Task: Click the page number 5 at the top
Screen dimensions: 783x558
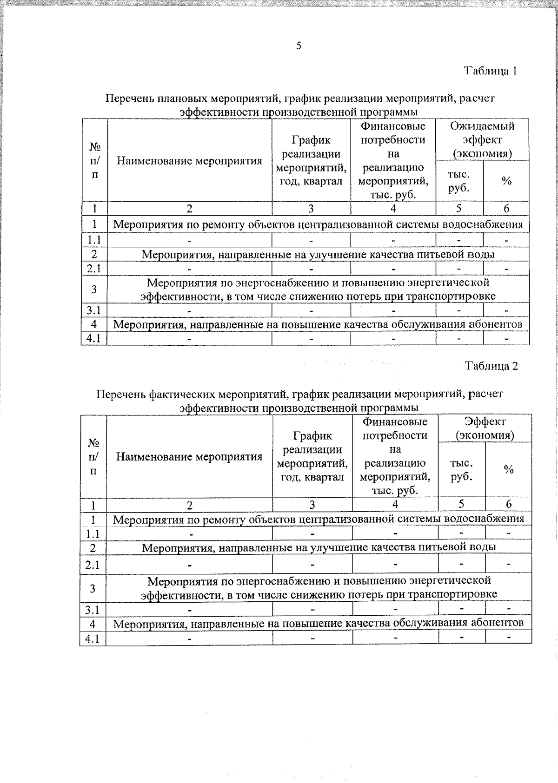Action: pyautogui.click(x=299, y=46)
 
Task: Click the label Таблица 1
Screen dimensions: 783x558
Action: pyautogui.click(x=491, y=71)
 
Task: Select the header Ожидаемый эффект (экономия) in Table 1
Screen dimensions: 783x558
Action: pyautogui.click(x=482, y=139)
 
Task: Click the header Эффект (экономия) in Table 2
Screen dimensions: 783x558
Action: pyautogui.click(x=485, y=428)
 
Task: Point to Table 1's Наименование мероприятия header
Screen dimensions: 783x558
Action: pyautogui.click(x=190, y=161)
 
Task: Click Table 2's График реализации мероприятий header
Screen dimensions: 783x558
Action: pyautogui.click(x=312, y=456)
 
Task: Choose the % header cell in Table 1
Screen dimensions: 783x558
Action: pyautogui.click(x=506, y=181)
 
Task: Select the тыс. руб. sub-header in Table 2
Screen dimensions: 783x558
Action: pyautogui.click(x=461, y=470)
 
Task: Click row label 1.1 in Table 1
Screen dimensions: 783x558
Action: pyautogui.click(x=94, y=240)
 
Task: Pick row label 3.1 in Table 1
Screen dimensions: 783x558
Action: pyautogui.click(x=94, y=310)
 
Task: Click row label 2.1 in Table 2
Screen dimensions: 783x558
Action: pyautogui.click(x=93, y=565)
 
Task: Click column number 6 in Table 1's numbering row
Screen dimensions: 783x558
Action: pyautogui.click(x=506, y=209)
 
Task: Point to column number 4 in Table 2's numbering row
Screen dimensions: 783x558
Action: pyautogui.click(x=395, y=504)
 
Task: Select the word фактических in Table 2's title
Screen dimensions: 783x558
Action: pyautogui.click(x=178, y=395)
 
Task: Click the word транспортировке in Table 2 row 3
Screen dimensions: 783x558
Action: pyautogui.click(x=455, y=594)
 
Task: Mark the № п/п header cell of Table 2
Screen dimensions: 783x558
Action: pyautogui.click(x=93, y=456)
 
